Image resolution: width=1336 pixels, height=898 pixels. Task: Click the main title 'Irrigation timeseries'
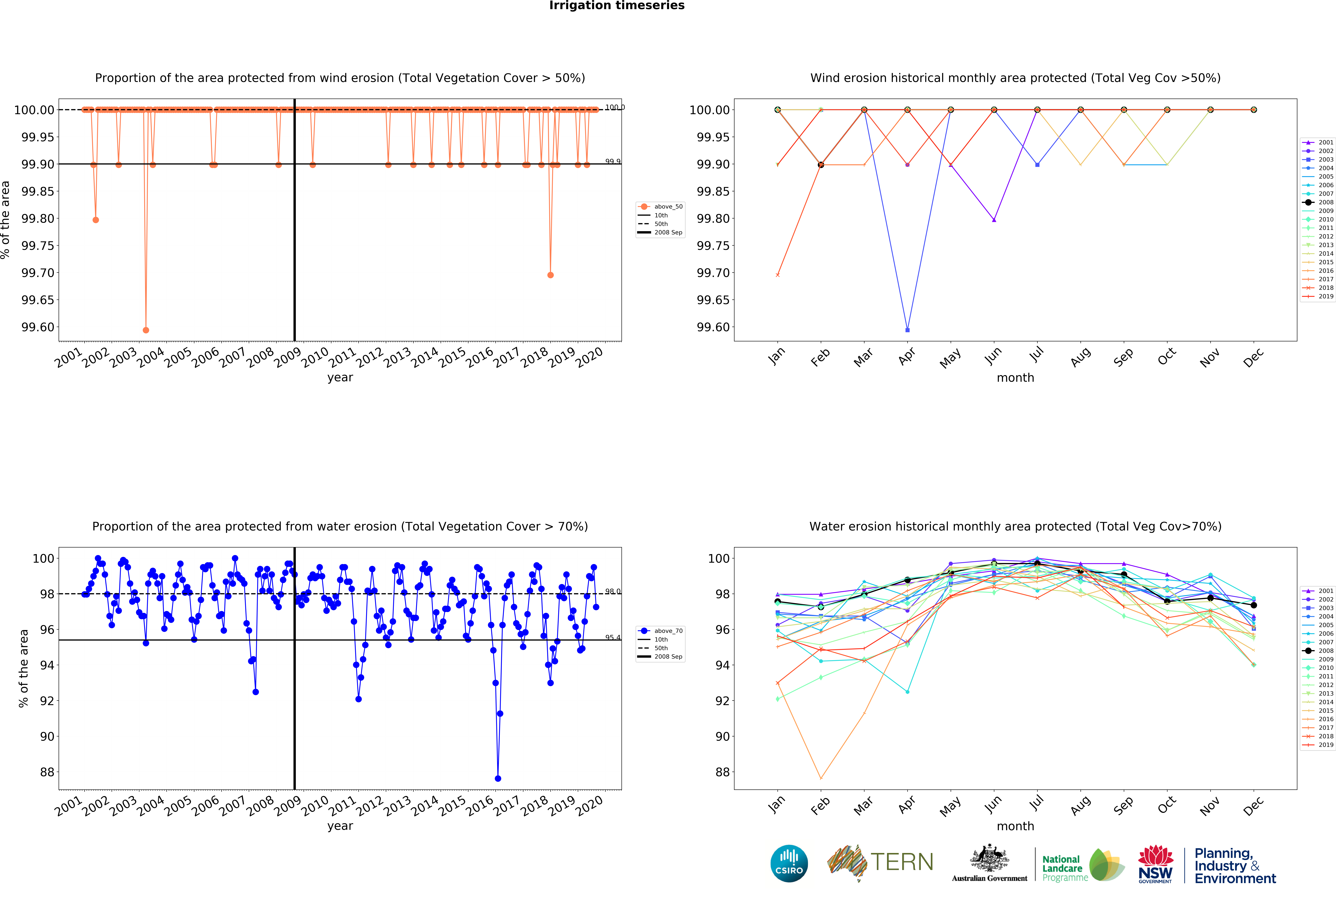tap(616, 6)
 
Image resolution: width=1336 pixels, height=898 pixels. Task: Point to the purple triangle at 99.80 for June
tap(994, 220)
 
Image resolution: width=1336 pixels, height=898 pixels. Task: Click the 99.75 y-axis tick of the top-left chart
tap(38, 246)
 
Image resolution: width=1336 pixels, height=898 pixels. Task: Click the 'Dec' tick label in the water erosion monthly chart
tap(1253, 806)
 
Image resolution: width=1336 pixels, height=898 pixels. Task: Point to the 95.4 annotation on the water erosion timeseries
tap(612, 637)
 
